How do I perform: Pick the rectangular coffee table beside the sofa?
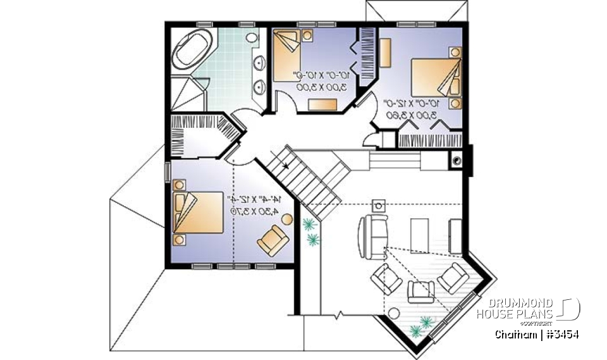tap(420, 235)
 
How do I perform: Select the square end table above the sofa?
tap(378, 205)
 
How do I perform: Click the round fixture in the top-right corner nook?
tap(455, 161)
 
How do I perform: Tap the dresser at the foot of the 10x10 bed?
tap(322, 104)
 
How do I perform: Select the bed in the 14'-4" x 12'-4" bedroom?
tap(198, 213)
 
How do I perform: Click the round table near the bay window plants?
tap(395, 314)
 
